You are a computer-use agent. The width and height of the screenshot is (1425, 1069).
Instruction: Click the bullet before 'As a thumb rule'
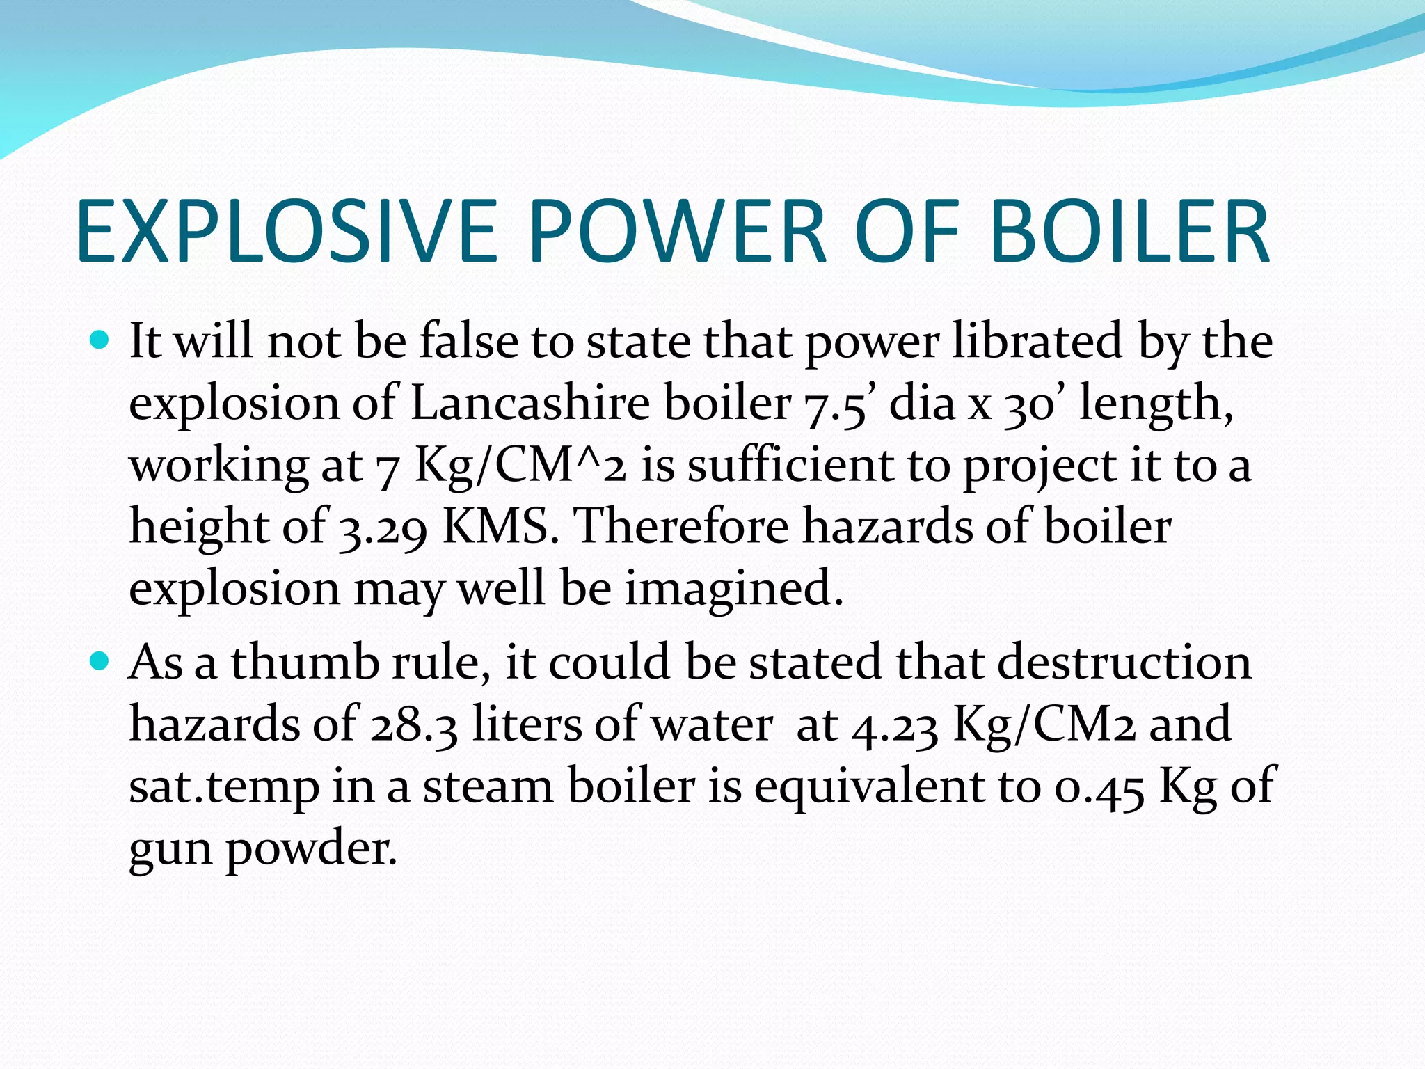pos(100,661)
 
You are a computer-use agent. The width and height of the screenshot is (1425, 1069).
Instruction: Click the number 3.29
pos(382,528)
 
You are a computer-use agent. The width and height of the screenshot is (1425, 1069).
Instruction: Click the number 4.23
pos(895,724)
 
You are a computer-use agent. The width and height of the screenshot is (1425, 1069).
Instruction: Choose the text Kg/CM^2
pos(520,465)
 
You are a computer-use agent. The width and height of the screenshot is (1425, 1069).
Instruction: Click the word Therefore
pos(683,526)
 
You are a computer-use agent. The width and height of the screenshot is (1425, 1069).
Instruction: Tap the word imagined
pos(733,589)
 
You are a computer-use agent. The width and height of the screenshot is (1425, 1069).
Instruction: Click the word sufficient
pos(790,465)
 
